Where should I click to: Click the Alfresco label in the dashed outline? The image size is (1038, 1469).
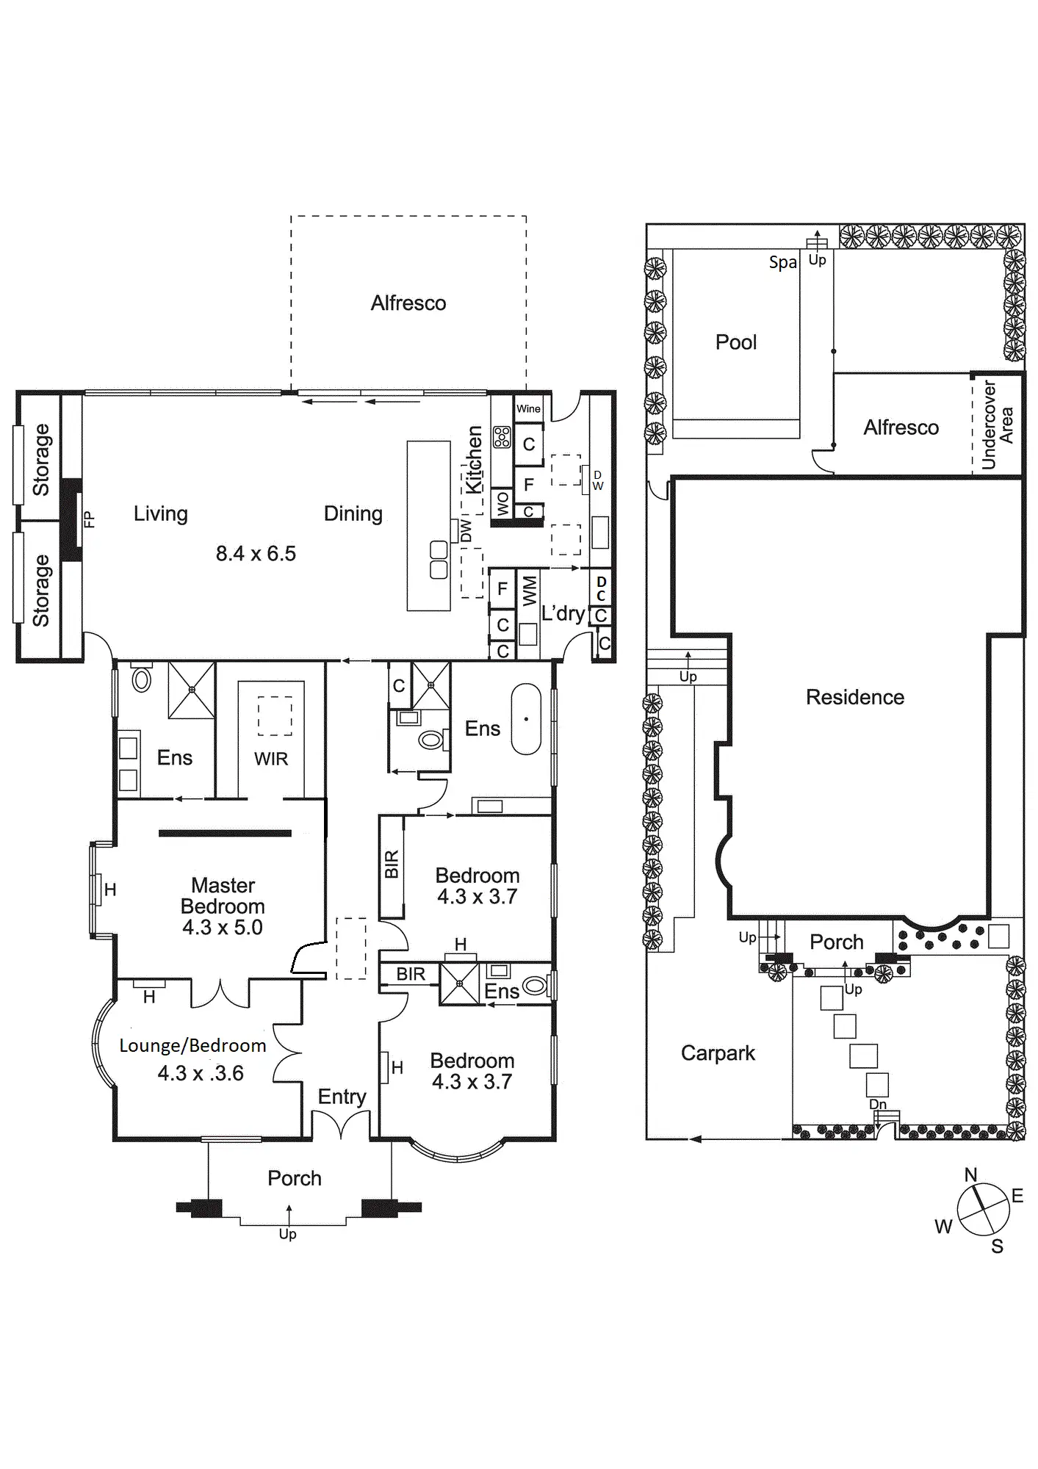[x=408, y=303]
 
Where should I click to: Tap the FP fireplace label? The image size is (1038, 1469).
[x=90, y=520]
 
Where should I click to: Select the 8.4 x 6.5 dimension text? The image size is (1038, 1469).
[x=256, y=554]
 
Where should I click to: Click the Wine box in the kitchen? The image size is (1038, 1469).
[x=528, y=409]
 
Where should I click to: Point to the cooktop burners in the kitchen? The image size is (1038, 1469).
[x=502, y=438]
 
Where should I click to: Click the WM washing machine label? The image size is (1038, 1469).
[x=530, y=591]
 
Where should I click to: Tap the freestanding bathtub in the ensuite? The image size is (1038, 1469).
[x=526, y=719]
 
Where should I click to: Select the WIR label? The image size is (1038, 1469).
[x=271, y=759]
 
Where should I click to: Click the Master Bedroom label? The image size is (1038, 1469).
[x=223, y=896]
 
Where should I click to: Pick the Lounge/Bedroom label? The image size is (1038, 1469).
[x=192, y=1046]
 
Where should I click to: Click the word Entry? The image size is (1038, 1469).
[x=342, y=1097]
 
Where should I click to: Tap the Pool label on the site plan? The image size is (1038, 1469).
[x=736, y=342]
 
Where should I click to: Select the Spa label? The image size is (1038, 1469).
[x=783, y=263]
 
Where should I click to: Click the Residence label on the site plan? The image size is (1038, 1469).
[x=855, y=697]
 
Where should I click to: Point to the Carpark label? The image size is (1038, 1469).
[x=718, y=1053]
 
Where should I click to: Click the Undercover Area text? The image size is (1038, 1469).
[x=997, y=425]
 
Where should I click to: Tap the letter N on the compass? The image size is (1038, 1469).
[x=970, y=1175]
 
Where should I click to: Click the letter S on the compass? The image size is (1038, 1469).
[x=997, y=1246]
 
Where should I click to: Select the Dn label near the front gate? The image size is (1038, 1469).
[x=878, y=1104]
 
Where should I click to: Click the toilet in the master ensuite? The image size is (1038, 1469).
[x=142, y=679]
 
